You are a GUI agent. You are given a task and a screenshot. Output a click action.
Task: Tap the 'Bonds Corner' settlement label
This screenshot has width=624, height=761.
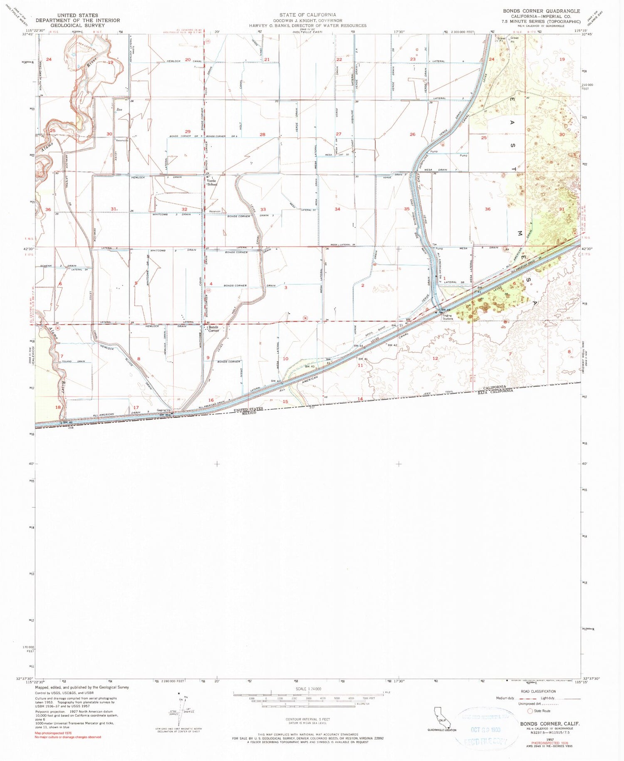213,329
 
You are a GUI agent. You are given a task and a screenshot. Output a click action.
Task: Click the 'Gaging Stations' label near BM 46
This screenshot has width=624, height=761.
448,318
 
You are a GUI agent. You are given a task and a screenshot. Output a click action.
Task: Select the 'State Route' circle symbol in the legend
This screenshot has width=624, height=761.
530,711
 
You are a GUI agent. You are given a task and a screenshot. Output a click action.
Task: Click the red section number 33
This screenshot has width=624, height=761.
263,210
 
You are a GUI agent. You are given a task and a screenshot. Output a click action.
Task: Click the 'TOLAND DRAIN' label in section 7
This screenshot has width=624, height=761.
74,361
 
